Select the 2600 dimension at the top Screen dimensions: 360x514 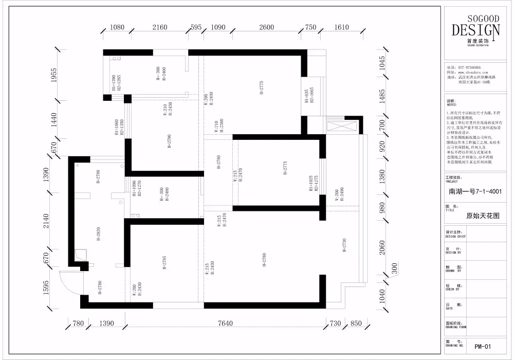pos(266,28)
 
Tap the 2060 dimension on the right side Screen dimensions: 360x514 pos(380,249)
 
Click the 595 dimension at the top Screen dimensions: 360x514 pos(196,28)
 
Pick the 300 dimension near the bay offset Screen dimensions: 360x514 pos(395,268)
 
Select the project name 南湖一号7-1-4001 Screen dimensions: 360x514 pos(475,192)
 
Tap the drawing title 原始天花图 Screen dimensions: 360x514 pos(483,217)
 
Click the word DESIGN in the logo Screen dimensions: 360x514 pos(475,30)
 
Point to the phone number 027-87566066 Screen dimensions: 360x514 pos(469,67)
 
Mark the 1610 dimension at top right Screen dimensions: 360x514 pos(341,28)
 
